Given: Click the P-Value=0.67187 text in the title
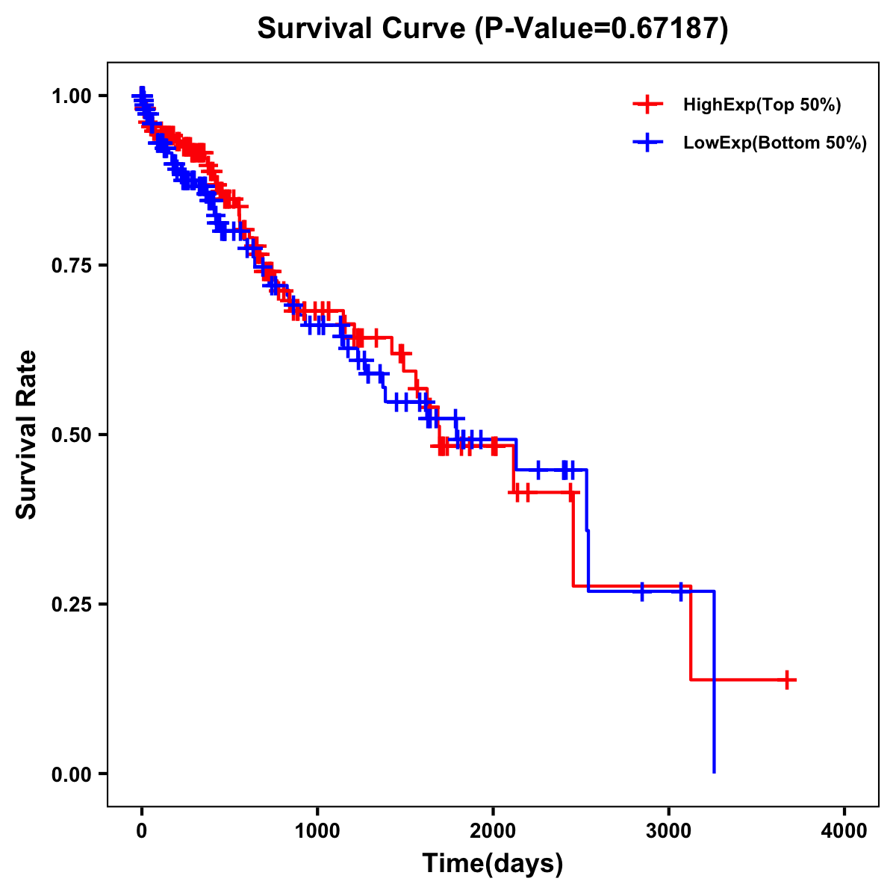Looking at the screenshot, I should [602, 29].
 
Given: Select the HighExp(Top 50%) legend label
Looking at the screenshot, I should [762, 105].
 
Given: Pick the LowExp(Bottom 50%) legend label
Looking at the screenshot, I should [775, 143].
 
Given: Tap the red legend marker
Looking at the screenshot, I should [647, 105].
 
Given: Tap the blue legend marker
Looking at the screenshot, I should [647, 143].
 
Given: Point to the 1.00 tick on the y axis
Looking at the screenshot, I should [71, 96].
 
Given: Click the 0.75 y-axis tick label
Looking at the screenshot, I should [71, 265].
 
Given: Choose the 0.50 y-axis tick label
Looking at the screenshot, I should [71, 435].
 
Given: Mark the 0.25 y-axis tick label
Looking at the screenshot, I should [71, 604].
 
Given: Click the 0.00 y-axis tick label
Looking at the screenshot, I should [71, 774].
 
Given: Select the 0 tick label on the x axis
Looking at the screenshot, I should [141, 830].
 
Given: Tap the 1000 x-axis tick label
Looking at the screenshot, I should [317, 830].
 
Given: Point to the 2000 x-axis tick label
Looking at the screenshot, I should [493, 830].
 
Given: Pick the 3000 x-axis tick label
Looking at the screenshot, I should [669, 830].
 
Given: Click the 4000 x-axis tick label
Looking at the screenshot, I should [844, 830].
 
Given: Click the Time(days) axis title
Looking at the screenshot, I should [493, 864].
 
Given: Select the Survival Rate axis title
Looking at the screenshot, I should [27, 434].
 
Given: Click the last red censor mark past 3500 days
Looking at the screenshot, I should [786, 679].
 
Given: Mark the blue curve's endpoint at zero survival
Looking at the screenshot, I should [715, 771].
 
